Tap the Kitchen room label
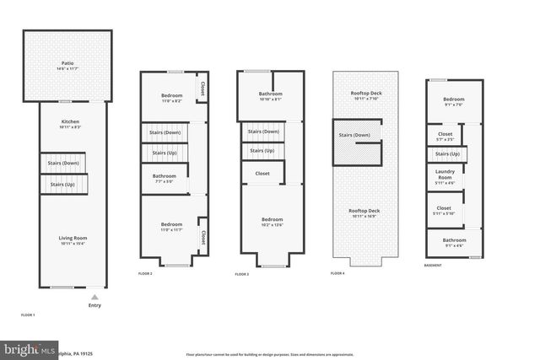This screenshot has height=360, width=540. click(x=70, y=123)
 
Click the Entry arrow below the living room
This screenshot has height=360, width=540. click(x=94, y=297)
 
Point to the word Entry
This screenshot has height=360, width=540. click(x=94, y=305)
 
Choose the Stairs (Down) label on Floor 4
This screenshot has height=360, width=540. click(x=354, y=135)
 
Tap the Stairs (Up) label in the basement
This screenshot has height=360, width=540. click(x=447, y=154)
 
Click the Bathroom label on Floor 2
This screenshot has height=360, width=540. click(x=165, y=177)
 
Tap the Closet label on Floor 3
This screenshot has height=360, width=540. click(x=262, y=174)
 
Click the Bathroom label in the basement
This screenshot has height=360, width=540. click(x=453, y=243)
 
